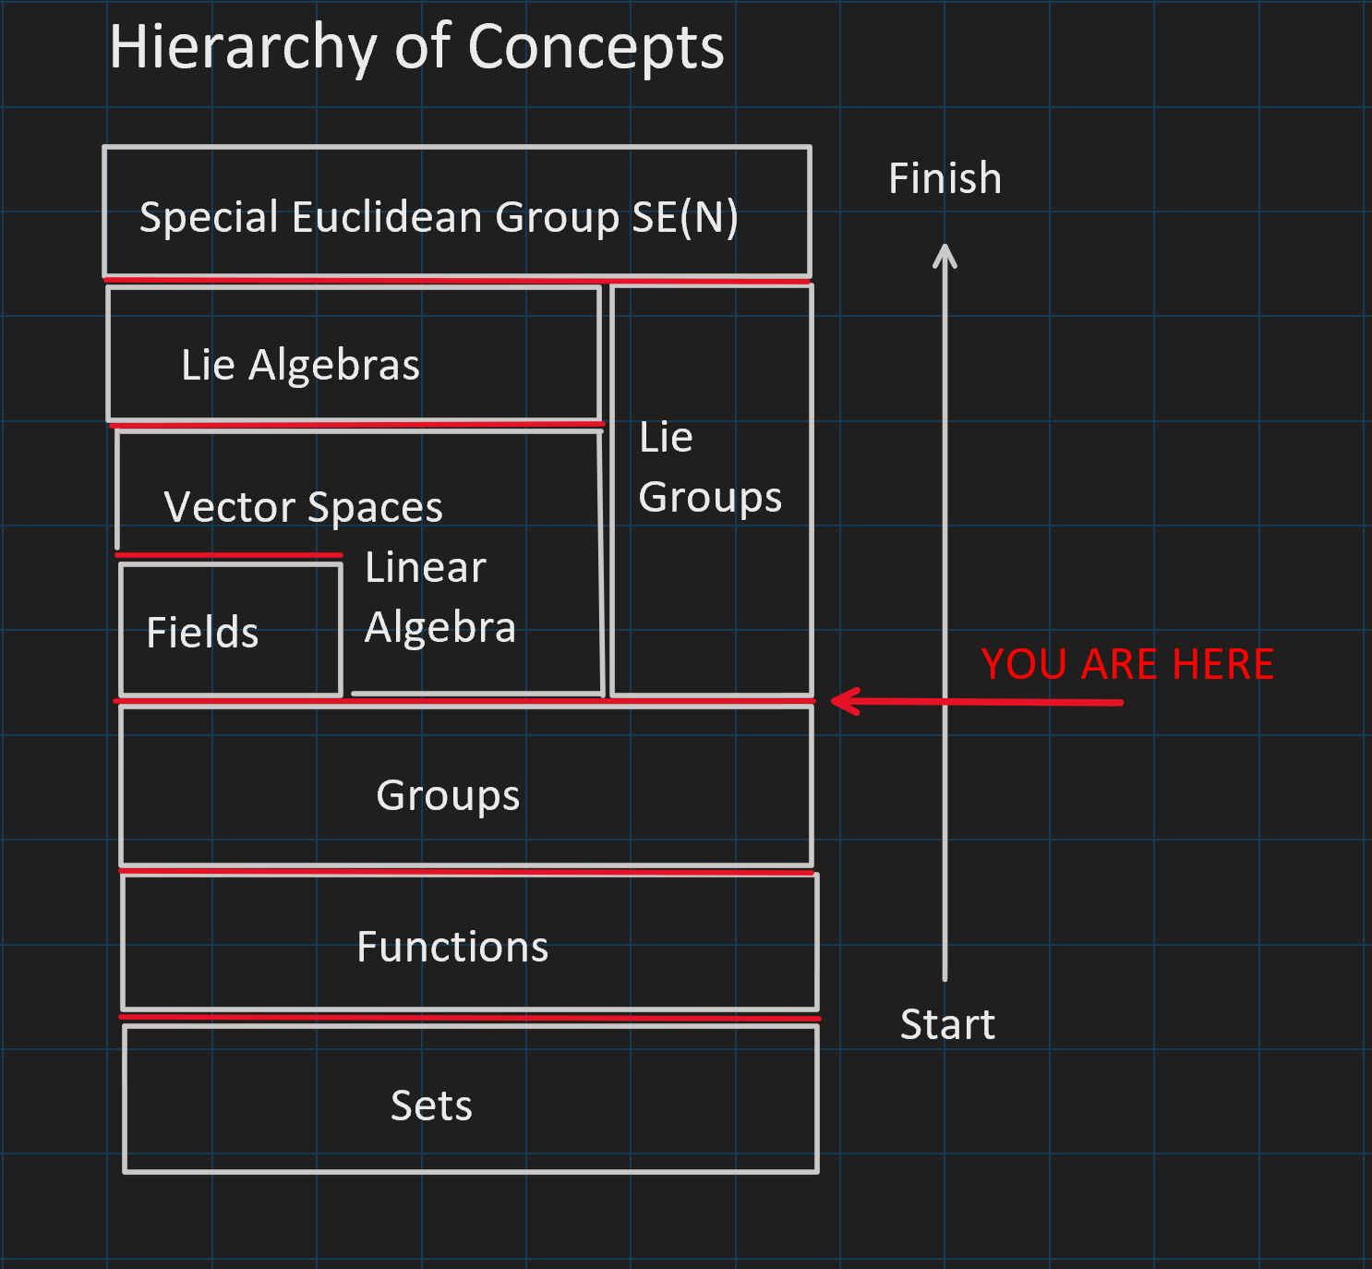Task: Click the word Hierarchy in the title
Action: point(243,47)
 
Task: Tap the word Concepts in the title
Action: point(596,47)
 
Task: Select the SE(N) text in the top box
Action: point(685,217)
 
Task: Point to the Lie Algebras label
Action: point(300,364)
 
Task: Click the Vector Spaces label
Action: point(303,507)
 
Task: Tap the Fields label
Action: point(202,633)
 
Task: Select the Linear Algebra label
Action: point(440,598)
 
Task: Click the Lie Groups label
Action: point(710,467)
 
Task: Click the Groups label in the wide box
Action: point(448,795)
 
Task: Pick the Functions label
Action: point(452,947)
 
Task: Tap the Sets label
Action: point(432,1106)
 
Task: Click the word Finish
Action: point(945,178)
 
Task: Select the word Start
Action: point(948,1024)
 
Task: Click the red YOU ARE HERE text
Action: point(1128,664)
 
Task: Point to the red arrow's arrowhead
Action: point(833,701)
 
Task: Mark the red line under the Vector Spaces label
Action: point(229,555)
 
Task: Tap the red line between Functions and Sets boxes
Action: point(470,1018)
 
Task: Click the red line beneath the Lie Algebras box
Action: point(356,424)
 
